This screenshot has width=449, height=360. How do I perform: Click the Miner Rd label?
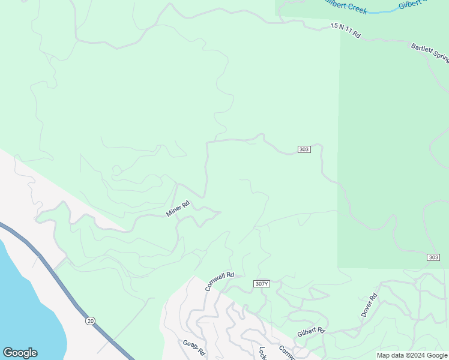point(178,209)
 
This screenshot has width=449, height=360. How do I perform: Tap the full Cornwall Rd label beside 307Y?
point(219,281)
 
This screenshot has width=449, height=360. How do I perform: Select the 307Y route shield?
point(261,284)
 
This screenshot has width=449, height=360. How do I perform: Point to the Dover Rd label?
point(369,305)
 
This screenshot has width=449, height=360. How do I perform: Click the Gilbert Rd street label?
point(311,332)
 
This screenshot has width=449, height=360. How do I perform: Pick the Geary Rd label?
point(194,348)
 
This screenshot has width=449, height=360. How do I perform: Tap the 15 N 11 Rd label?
point(345,31)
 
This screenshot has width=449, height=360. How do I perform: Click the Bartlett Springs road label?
point(430,53)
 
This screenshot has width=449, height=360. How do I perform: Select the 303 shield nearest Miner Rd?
point(304,149)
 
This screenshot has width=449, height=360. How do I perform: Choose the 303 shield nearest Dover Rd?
point(433,257)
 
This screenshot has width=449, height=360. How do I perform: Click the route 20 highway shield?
point(90,321)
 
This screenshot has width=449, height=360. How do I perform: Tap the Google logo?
point(20,353)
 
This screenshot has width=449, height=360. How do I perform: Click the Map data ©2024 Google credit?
point(412,355)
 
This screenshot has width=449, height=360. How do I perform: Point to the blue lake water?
point(24,300)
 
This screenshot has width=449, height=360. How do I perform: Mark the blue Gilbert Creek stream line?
point(378,11)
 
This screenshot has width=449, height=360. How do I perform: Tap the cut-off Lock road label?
point(262,353)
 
